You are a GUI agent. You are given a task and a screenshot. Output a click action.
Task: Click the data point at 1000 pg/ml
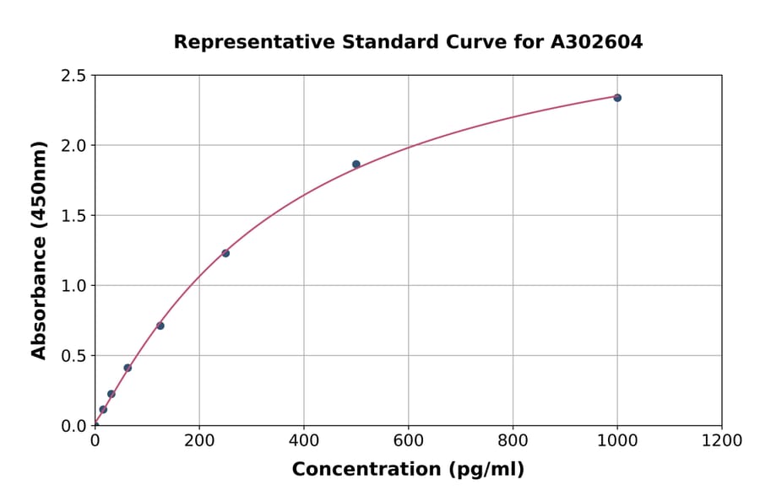617,98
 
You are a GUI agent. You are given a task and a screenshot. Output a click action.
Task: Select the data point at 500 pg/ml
356,164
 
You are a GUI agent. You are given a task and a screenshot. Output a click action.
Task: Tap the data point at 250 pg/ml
225,253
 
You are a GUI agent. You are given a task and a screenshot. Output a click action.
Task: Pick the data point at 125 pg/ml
160,326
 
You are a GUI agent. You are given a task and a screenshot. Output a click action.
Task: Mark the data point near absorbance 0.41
128,368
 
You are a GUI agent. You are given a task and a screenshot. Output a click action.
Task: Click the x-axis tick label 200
199,440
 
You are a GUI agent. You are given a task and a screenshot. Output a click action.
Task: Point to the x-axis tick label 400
304,440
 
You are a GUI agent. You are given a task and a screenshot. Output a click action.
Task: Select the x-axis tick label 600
409,440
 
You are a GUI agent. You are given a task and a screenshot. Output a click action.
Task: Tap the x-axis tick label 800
513,440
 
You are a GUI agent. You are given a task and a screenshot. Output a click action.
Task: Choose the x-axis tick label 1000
617,440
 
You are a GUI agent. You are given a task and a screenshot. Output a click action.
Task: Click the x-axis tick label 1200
722,440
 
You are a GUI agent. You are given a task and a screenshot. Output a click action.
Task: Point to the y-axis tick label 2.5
74,76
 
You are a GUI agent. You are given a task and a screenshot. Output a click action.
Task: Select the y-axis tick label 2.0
74,146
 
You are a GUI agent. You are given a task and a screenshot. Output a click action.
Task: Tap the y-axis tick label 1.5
74,216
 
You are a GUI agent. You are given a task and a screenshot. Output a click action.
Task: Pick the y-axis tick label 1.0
74,286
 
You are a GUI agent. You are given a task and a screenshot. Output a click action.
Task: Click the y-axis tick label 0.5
74,356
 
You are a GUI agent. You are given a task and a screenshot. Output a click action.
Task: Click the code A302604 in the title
595,41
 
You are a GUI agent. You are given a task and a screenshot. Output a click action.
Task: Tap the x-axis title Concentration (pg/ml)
408,470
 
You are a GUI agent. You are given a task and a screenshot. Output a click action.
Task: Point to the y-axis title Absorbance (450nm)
39,250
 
